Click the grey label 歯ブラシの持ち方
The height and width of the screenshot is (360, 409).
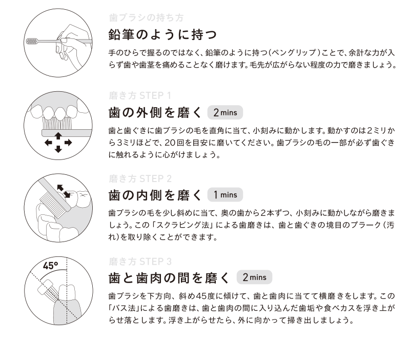(146, 17)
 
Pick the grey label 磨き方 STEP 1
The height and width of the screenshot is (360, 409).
(140, 95)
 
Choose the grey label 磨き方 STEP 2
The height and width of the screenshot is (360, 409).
(140, 178)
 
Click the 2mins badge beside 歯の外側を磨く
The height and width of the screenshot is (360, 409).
(225, 113)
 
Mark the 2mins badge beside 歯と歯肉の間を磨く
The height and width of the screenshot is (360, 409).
(254, 277)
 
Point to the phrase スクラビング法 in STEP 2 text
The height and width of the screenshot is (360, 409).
(171, 225)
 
